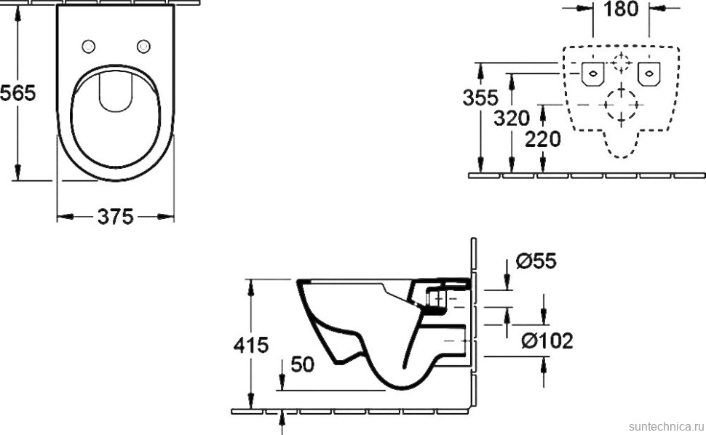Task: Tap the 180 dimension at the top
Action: coord(621,9)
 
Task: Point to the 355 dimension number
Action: coord(480,97)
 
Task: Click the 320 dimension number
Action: coord(511,118)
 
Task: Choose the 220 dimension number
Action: coord(542,138)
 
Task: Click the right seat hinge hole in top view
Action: coord(143,47)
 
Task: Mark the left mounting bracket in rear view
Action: coord(593,73)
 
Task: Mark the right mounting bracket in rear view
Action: coord(648,73)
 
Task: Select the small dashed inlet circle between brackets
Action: coord(621,63)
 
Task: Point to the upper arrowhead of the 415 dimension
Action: coord(251,284)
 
